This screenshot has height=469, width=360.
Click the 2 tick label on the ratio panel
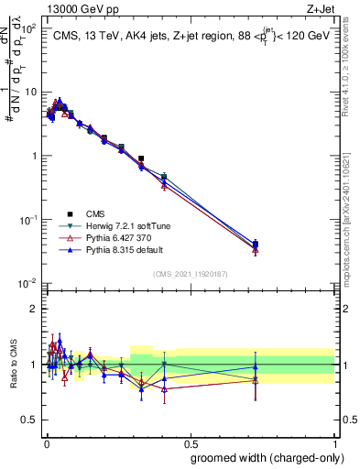click(x=33, y=309)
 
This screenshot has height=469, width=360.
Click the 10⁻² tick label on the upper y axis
click(x=27, y=284)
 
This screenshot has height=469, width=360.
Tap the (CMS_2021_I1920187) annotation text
click(x=190, y=273)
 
